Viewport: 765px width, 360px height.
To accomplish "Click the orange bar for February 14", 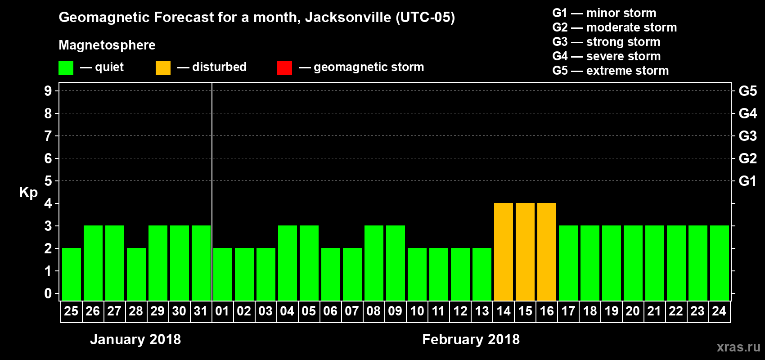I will (504, 252).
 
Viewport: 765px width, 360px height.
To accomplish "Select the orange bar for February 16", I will (547, 252).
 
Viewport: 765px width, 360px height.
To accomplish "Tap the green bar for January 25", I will (72, 274).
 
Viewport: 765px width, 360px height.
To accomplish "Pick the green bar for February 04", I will (288, 263).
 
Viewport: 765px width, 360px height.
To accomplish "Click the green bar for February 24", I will (720, 263).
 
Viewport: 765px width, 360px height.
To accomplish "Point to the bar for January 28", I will (136, 274).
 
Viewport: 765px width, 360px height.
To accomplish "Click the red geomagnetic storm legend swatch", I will (284, 68).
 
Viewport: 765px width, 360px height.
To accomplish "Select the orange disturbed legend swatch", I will (163, 68).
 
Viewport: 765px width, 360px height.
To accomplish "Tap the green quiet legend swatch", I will (66, 68).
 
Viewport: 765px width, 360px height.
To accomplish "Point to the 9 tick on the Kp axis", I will (48, 91).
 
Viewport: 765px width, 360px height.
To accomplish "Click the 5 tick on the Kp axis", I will (48, 181).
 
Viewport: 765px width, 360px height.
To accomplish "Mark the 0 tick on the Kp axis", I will (48, 293).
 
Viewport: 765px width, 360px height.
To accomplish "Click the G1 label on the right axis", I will (747, 181).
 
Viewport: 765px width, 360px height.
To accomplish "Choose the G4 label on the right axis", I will (747, 113).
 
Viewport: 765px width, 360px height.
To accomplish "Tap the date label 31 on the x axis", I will (201, 311).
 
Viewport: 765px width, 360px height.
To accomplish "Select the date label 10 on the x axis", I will (417, 311).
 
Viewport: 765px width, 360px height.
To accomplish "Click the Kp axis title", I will (28, 193).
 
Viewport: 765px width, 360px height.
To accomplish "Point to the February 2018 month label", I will (471, 339).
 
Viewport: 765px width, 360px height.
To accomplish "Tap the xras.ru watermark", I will (738, 347).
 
